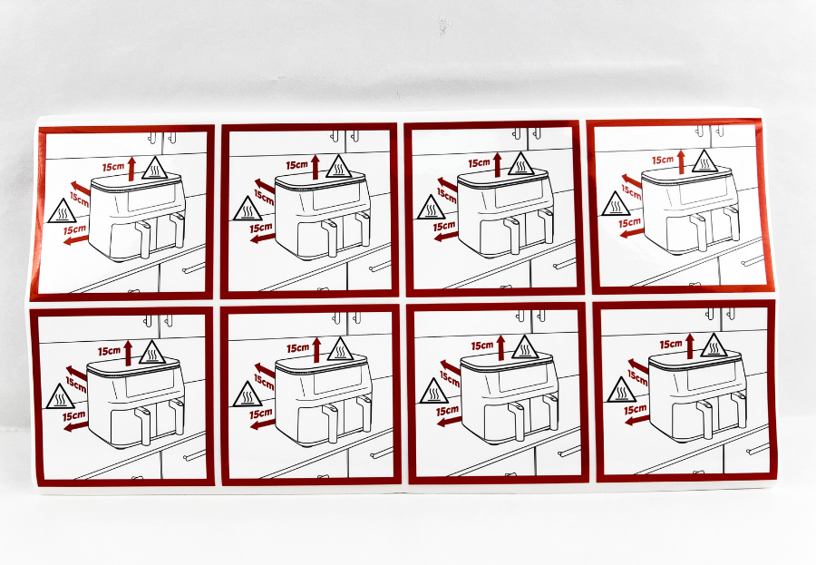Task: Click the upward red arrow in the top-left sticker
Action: pyautogui.click(x=131, y=169)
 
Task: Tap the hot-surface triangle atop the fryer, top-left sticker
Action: pyautogui.click(x=154, y=169)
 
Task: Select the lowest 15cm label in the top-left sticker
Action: pyautogui.click(x=74, y=229)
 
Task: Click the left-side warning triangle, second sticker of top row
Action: pyautogui.click(x=248, y=209)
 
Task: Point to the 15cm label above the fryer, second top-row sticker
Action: pyautogui.click(x=296, y=165)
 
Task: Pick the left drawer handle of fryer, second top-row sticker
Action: pyautogui.click(x=331, y=238)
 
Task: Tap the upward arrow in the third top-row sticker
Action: pyautogui.click(x=498, y=164)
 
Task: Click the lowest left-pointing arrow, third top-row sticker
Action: pyautogui.click(x=445, y=237)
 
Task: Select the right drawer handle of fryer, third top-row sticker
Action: pyautogui.click(x=547, y=226)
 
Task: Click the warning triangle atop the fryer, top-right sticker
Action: pyautogui.click(x=704, y=161)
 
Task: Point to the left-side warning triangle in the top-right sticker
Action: pyautogui.click(x=616, y=204)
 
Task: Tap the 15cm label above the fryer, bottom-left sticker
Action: pyautogui.click(x=109, y=351)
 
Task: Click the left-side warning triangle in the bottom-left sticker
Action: pyautogui.click(x=61, y=397)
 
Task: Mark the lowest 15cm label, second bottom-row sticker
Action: pyautogui.click(x=261, y=414)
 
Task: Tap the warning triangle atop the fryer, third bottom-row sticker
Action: pyautogui.click(x=525, y=347)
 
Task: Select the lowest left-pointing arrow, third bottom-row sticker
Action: pyautogui.click(x=449, y=421)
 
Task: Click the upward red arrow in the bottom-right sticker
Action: pyautogui.click(x=690, y=346)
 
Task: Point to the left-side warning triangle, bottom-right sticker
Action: pyautogui.click(x=621, y=391)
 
